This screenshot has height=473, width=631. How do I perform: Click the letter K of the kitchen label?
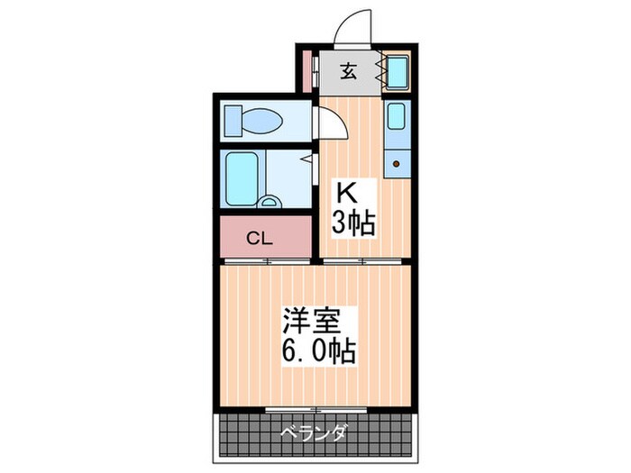pyautogui.click(x=346, y=191)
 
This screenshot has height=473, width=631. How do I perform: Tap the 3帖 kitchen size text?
pyautogui.click(x=352, y=223)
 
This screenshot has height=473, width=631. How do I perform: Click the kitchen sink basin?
pyautogui.click(x=397, y=116)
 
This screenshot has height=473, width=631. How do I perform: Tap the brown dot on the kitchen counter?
pyautogui.click(x=397, y=165)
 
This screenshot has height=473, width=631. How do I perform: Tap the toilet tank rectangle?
pyautogui.click(x=233, y=119)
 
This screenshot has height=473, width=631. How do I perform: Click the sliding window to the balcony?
pyautogui.click(x=315, y=410)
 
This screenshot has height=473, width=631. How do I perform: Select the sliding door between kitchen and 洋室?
pyautogui.click(x=365, y=261)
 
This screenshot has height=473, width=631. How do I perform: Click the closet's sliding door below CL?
pyautogui.click(x=266, y=261)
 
